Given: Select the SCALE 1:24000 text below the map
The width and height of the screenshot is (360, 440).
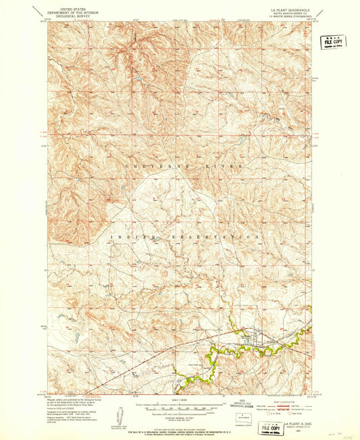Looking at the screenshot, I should tap(180, 400).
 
